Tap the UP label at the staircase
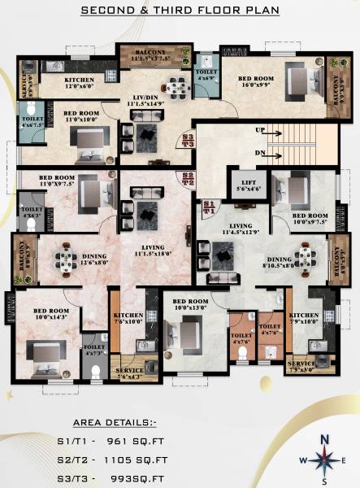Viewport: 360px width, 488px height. pyautogui.click(x=259, y=130)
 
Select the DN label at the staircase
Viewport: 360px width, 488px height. pyautogui.click(x=259, y=152)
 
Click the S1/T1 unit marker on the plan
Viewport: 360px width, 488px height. pyautogui.click(x=210, y=206)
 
